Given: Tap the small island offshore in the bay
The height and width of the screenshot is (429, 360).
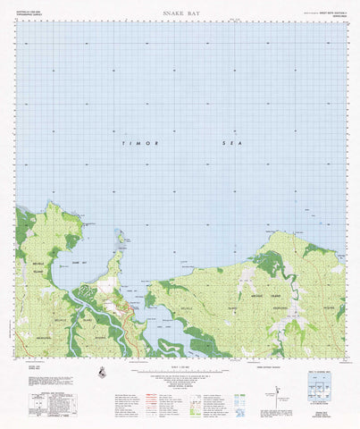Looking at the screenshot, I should tap(120, 237).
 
